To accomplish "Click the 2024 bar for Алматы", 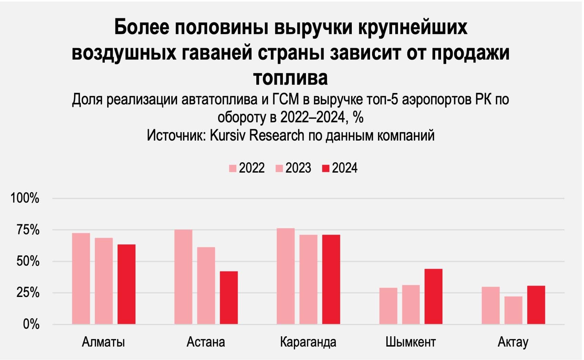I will [x=126, y=284].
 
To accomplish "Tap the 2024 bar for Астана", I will [x=229, y=298].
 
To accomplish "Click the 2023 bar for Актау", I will [x=513, y=310].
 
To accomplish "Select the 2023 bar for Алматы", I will [x=104, y=281].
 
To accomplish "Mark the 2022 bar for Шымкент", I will [x=388, y=306].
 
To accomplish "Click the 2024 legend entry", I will [x=340, y=168].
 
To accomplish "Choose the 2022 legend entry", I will [x=247, y=168].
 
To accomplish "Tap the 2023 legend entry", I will [x=293, y=168].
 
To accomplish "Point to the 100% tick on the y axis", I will [x=25, y=199].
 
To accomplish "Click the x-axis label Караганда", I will [x=308, y=342].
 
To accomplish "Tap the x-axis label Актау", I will [x=513, y=342].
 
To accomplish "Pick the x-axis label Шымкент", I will [x=411, y=342].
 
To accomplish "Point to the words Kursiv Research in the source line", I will [x=257, y=135].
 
